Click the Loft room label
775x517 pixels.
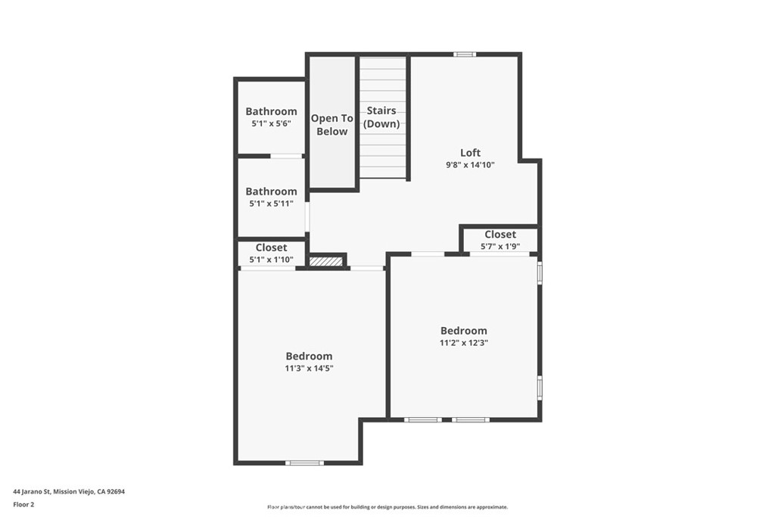[x=470, y=152]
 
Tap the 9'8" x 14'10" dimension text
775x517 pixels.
[x=470, y=164]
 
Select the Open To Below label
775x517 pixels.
[x=332, y=125]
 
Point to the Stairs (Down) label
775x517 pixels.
[x=381, y=117]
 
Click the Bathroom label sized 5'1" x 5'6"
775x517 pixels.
[x=271, y=111]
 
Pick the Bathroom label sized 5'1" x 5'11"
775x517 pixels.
[x=271, y=192]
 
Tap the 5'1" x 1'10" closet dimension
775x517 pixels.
[x=271, y=260]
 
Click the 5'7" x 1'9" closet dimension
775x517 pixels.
[x=500, y=247]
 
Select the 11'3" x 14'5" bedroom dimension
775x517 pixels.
[x=309, y=368]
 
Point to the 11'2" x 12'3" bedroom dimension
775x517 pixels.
[x=464, y=342]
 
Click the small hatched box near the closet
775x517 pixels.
[x=327, y=261]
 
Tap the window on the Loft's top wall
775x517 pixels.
[x=465, y=54]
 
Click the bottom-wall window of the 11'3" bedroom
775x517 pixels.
[x=304, y=462]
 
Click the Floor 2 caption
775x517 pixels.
[x=23, y=503]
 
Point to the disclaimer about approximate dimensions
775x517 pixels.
[x=387, y=507]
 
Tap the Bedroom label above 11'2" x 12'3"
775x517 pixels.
[x=464, y=331]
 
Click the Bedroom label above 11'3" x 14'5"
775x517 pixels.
[x=309, y=356]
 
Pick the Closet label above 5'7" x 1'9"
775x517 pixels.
[x=500, y=235]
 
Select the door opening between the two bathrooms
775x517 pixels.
[x=287, y=156]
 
